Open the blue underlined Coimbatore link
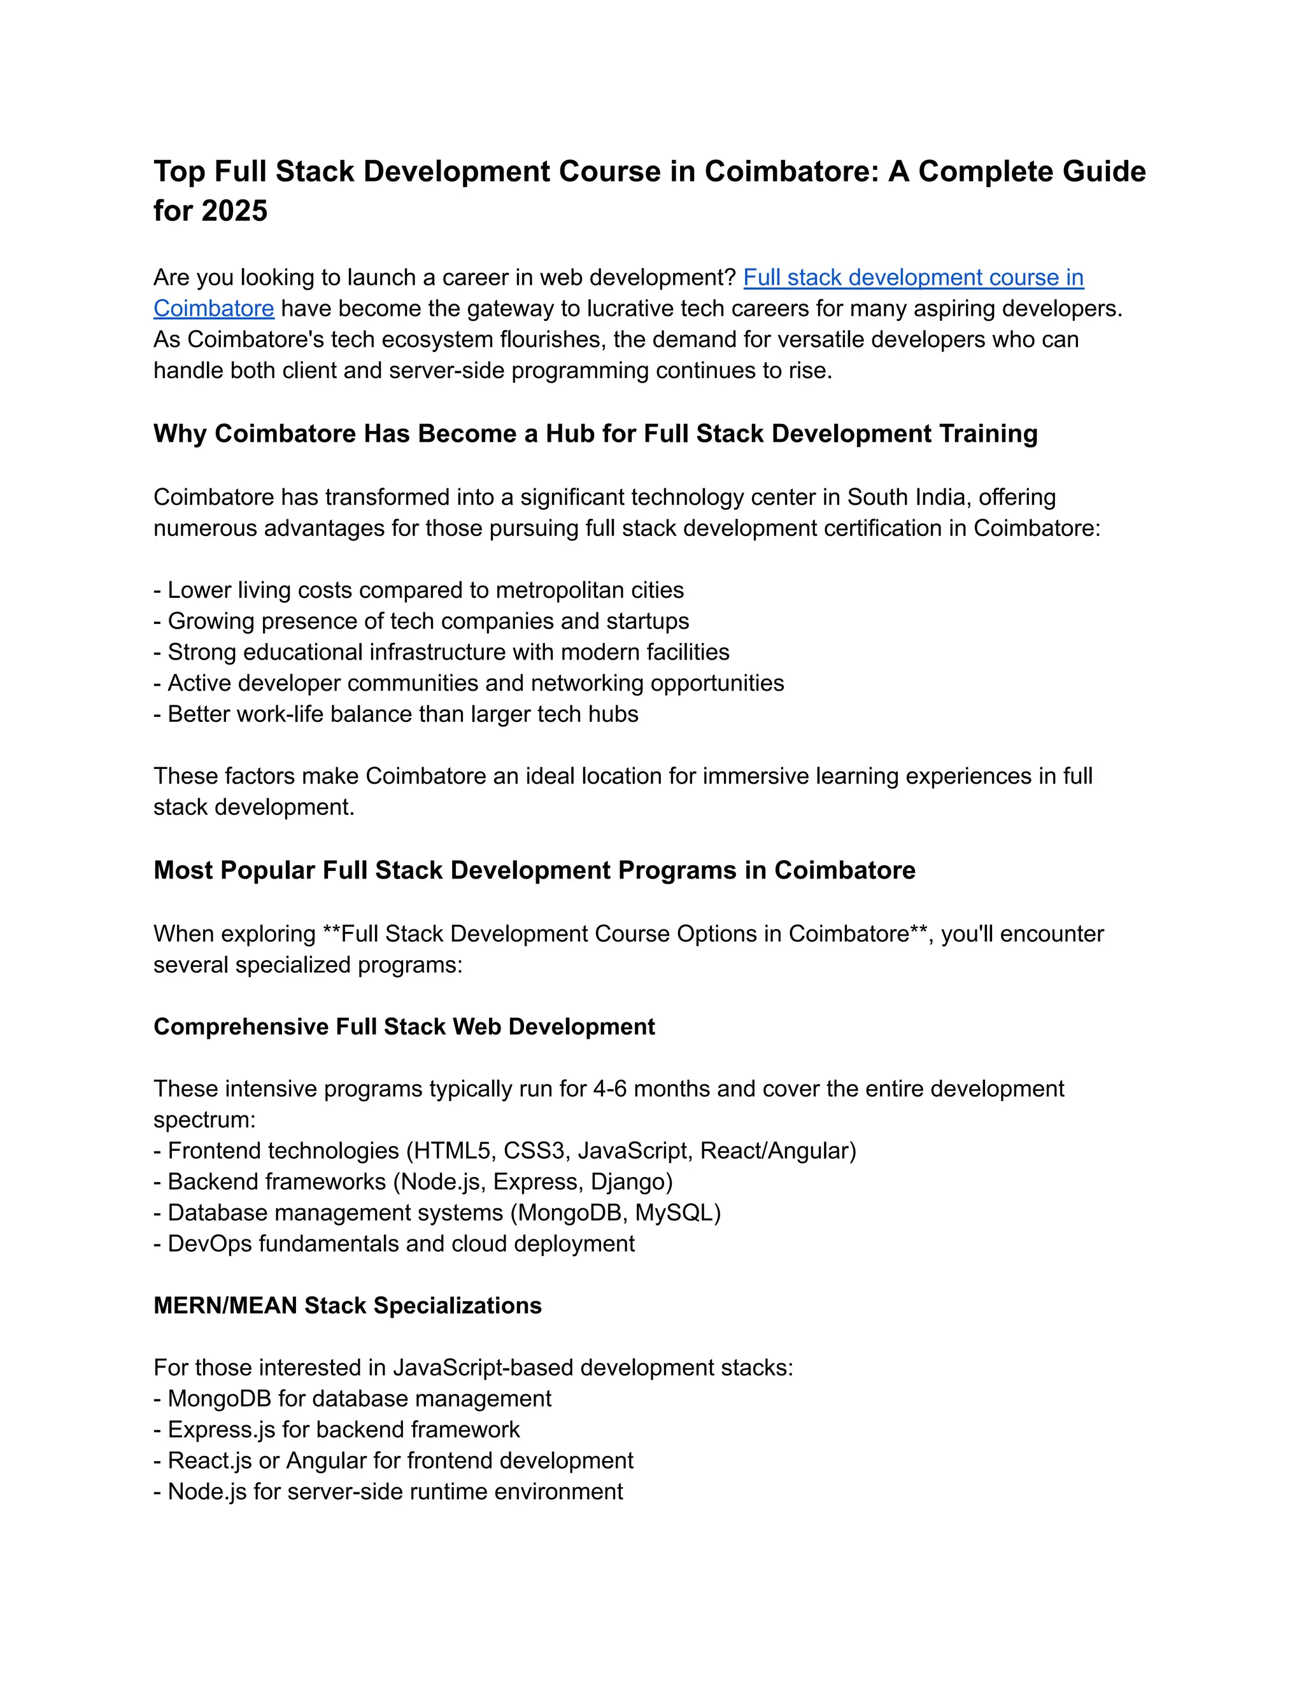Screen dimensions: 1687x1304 coord(213,308)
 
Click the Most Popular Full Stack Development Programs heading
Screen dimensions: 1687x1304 coord(534,870)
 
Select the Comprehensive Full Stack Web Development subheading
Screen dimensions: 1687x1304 coord(404,1027)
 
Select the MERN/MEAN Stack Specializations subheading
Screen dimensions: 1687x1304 coord(348,1306)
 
